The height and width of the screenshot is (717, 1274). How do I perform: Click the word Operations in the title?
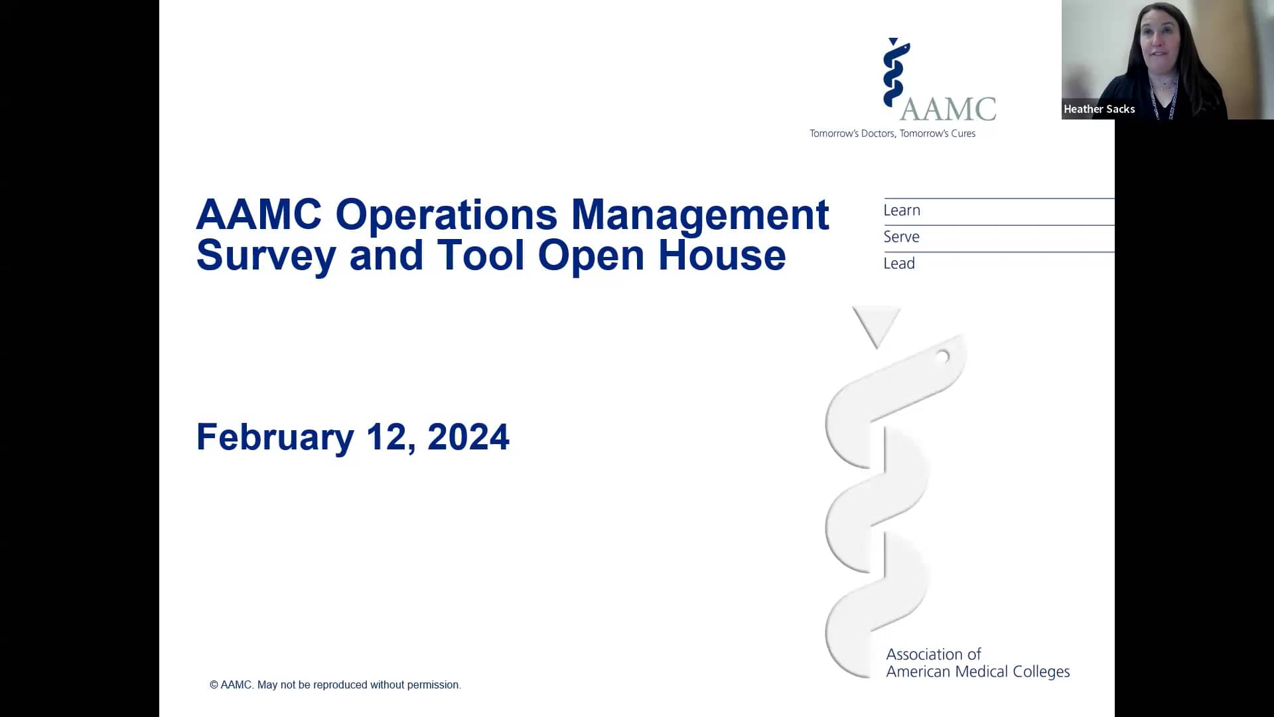(x=446, y=215)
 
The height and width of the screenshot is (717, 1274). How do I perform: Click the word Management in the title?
(x=699, y=215)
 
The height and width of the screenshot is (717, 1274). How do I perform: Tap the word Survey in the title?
(x=265, y=256)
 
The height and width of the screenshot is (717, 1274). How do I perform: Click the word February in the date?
(x=275, y=438)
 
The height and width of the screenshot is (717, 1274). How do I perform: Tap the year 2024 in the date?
(x=468, y=438)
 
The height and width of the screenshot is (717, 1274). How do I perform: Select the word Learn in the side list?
(x=901, y=210)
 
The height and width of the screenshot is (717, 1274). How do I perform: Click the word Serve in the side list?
(x=900, y=237)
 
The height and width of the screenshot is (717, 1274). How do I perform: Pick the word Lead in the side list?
(x=898, y=264)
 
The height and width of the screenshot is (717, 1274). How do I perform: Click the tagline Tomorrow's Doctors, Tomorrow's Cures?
(x=892, y=133)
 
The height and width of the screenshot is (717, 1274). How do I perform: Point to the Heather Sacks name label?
(x=1098, y=109)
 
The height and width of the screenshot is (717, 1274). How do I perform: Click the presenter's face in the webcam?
(x=1161, y=43)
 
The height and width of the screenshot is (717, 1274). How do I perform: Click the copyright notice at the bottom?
(x=335, y=684)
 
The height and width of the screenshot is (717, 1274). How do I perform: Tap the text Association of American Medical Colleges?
(x=977, y=663)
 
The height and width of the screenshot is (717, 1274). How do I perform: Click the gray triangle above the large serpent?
(x=876, y=324)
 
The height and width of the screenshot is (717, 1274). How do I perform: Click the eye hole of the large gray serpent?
(x=942, y=357)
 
